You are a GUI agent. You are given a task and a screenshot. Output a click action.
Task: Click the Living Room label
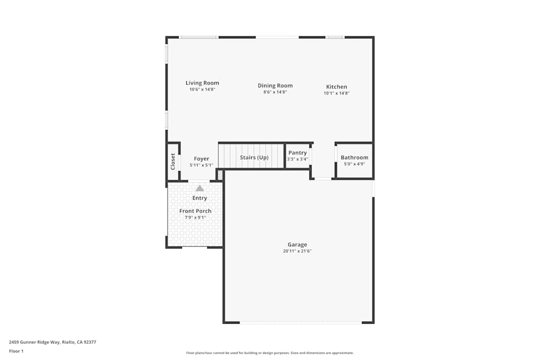[202, 83]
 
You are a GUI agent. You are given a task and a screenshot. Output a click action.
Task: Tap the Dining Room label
[275, 85]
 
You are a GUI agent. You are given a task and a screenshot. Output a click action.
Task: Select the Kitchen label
[336, 86]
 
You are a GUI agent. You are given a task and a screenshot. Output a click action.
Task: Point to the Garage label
[297, 244]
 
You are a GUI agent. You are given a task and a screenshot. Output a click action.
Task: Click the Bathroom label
[354, 158]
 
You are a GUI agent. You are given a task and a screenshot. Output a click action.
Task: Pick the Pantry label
[298, 153]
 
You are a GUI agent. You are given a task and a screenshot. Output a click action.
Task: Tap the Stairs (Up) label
[254, 158]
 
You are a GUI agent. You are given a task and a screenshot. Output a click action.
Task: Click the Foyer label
[201, 159]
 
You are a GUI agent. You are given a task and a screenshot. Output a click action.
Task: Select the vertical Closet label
[173, 161]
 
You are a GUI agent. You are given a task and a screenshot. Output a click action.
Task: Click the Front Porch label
[195, 211]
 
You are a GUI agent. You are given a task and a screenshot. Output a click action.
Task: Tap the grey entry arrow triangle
[200, 188]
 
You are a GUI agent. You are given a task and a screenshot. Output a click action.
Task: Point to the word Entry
[200, 198]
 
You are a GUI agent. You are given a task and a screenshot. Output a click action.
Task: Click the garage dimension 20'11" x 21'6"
[298, 251]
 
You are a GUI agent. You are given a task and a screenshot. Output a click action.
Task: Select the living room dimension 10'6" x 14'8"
[202, 90]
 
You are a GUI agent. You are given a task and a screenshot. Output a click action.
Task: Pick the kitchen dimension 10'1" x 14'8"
[336, 93]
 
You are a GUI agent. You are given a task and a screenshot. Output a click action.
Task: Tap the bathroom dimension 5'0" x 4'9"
[354, 164]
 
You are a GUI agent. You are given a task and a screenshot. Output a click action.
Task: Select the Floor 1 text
[16, 351]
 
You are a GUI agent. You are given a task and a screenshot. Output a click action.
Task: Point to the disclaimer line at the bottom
[270, 353]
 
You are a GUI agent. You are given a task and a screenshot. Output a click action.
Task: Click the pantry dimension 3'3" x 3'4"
[298, 159]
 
